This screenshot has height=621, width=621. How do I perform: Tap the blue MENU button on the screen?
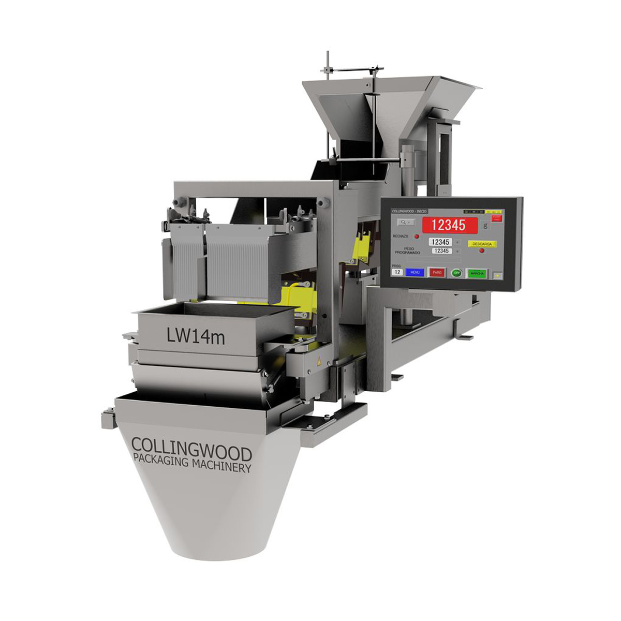tap(414, 272)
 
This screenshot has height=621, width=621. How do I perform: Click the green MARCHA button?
tap(477, 273)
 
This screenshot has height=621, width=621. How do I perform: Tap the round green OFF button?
tap(456, 273)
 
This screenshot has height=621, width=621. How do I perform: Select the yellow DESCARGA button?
tap(481, 244)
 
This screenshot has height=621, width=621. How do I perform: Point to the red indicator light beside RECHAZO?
tap(417, 237)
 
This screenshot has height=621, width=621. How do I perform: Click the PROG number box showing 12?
tap(397, 272)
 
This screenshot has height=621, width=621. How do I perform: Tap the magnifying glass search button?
tap(405, 222)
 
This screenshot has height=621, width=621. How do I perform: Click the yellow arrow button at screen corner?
tap(498, 275)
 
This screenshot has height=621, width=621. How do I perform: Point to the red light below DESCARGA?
tap(482, 251)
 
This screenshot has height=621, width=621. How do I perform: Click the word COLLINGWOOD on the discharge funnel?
tap(191, 446)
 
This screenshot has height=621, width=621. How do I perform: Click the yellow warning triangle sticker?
tap(319, 361)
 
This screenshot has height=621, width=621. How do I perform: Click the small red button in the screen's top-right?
tap(497, 218)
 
